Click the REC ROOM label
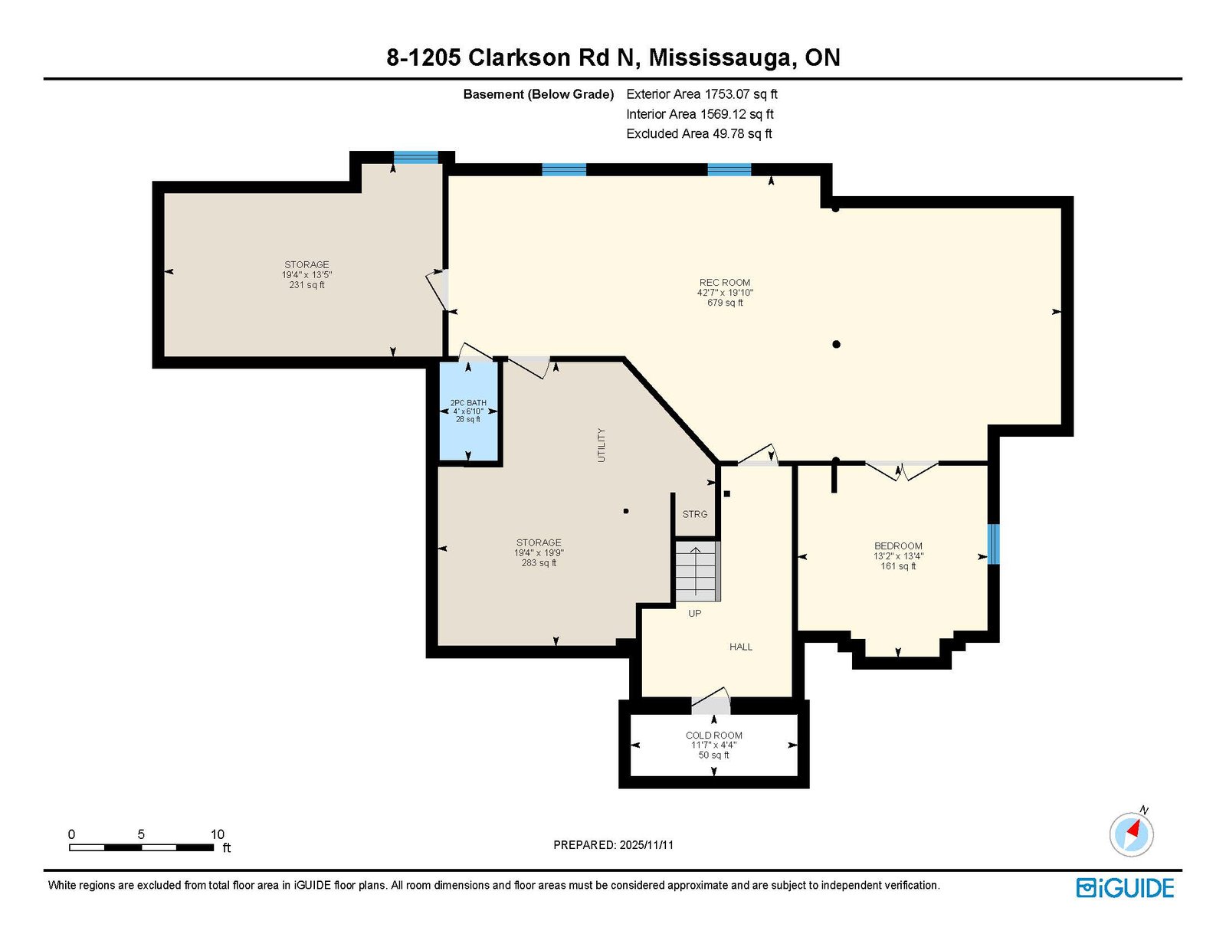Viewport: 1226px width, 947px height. (x=724, y=283)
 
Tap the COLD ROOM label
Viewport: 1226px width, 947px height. (x=713, y=735)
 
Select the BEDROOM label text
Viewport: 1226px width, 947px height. (x=898, y=546)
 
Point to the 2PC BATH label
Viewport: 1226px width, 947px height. (x=468, y=403)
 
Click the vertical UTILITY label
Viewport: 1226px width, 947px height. (x=602, y=445)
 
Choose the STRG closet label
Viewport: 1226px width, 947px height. (x=694, y=514)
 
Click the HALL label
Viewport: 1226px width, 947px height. (x=741, y=647)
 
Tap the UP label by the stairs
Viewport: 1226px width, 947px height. (x=694, y=613)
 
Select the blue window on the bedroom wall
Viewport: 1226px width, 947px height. (x=994, y=544)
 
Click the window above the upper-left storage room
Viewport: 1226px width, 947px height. (x=416, y=157)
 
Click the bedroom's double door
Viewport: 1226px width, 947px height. (x=902, y=470)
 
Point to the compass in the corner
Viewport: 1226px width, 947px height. (x=1131, y=835)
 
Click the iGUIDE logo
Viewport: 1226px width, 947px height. (x=1125, y=888)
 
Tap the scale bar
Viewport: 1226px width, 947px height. (x=142, y=847)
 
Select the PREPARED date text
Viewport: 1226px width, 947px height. (x=613, y=845)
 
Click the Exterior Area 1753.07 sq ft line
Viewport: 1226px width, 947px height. (x=702, y=94)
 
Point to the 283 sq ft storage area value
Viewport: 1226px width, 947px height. (x=539, y=563)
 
